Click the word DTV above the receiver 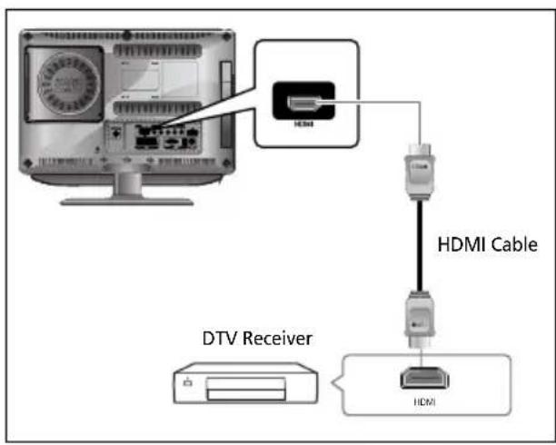(218, 340)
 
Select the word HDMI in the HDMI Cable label (462, 244)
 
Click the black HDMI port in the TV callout (303, 104)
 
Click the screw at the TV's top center (126, 34)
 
